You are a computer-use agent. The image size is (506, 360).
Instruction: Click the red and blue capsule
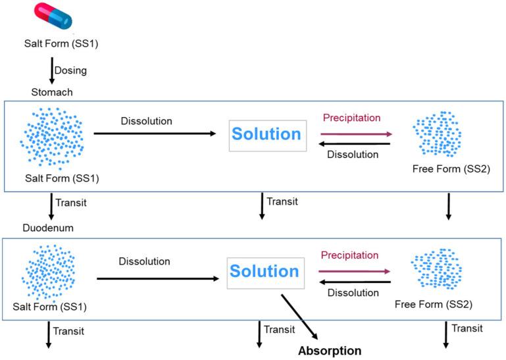53,16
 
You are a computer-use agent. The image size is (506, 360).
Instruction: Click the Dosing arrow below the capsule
51,70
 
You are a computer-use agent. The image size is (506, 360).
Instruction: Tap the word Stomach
52,92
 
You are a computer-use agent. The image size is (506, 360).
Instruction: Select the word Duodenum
48,228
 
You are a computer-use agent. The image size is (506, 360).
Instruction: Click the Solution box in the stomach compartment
268,136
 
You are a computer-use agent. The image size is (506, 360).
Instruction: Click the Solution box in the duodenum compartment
266,273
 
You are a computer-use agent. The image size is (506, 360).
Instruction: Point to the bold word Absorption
330,351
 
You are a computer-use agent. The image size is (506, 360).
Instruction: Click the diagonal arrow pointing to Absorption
299,317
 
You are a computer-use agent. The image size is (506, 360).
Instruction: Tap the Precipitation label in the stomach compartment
351,118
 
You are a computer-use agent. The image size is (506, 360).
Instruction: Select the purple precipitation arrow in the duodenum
354,271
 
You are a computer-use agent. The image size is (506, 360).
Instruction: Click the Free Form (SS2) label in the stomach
451,169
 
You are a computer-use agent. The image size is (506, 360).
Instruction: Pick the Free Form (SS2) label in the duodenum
434,304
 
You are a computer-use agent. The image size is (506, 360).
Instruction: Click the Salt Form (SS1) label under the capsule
61,43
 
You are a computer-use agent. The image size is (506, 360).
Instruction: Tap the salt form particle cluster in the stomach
52,139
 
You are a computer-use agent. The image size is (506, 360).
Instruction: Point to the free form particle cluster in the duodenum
436,269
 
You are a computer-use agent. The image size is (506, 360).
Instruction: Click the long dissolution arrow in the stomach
155,134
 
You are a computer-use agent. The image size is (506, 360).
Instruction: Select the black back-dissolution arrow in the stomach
354,144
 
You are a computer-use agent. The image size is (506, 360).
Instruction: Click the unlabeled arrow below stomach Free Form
448,207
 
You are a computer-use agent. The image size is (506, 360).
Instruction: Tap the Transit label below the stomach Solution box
282,201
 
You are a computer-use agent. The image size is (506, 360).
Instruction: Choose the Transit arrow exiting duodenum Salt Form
49,334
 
